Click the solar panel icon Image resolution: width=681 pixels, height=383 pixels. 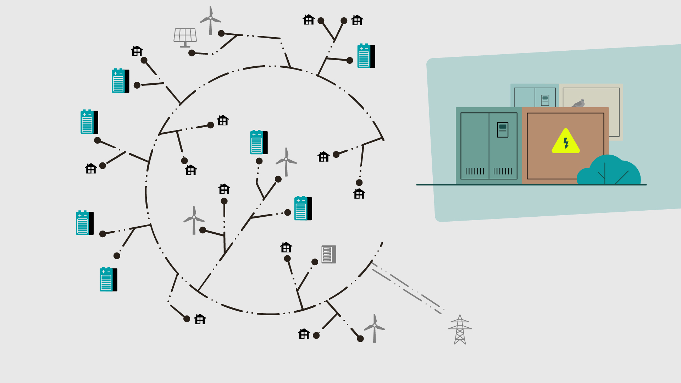[x=185, y=37]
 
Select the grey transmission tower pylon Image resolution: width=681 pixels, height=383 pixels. [x=460, y=330]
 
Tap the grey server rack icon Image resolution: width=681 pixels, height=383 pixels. [x=329, y=254]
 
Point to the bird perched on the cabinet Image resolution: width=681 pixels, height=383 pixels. [x=579, y=103]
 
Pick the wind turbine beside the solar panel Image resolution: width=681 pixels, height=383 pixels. [x=210, y=20]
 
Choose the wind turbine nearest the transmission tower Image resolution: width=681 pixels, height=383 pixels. [x=375, y=328]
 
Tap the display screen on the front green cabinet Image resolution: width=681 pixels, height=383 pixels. [x=503, y=130]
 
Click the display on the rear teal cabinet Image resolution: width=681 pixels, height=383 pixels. [x=545, y=100]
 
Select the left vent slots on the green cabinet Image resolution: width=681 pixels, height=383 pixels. [x=475, y=171]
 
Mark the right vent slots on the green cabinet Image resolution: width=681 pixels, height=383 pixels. [x=503, y=171]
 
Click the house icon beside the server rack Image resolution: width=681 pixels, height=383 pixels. [x=286, y=247]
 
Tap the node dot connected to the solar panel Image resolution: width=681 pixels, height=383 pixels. [x=192, y=53]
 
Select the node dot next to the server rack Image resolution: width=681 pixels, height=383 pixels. [x=315, y=262]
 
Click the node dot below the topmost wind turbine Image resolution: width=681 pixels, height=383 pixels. [x=221, y=33]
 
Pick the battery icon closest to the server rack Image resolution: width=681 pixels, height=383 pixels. [x=303, y=208]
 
